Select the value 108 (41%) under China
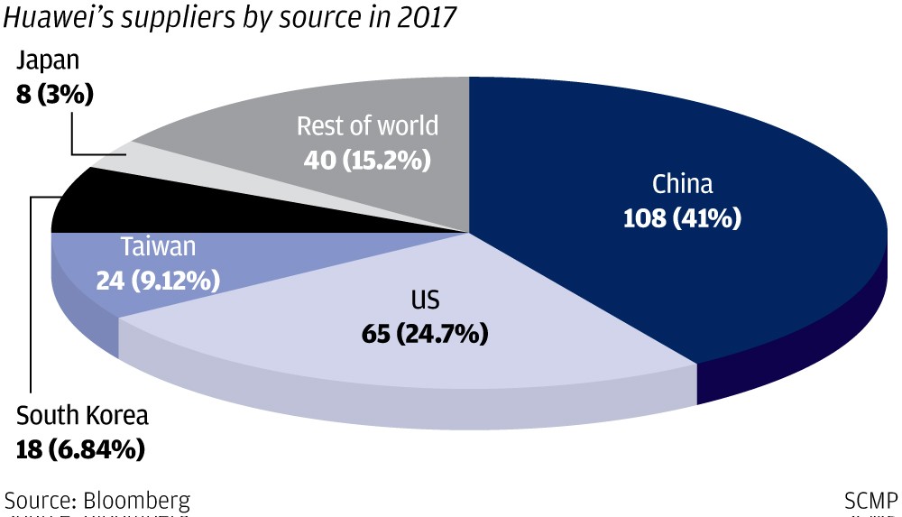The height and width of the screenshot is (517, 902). [683, 217]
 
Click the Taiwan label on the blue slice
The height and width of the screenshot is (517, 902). [158, 246]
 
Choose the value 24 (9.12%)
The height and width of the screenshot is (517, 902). [158, 281]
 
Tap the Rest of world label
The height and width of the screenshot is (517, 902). [367, 125]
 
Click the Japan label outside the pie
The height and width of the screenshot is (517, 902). [48, 61]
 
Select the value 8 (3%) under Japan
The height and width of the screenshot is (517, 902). [55, 94]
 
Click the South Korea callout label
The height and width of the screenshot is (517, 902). [82, 417]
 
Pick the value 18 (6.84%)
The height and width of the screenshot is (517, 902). [80, 449]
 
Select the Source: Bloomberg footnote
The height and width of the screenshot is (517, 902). [97, 501]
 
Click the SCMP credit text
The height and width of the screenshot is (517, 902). [870, 501]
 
